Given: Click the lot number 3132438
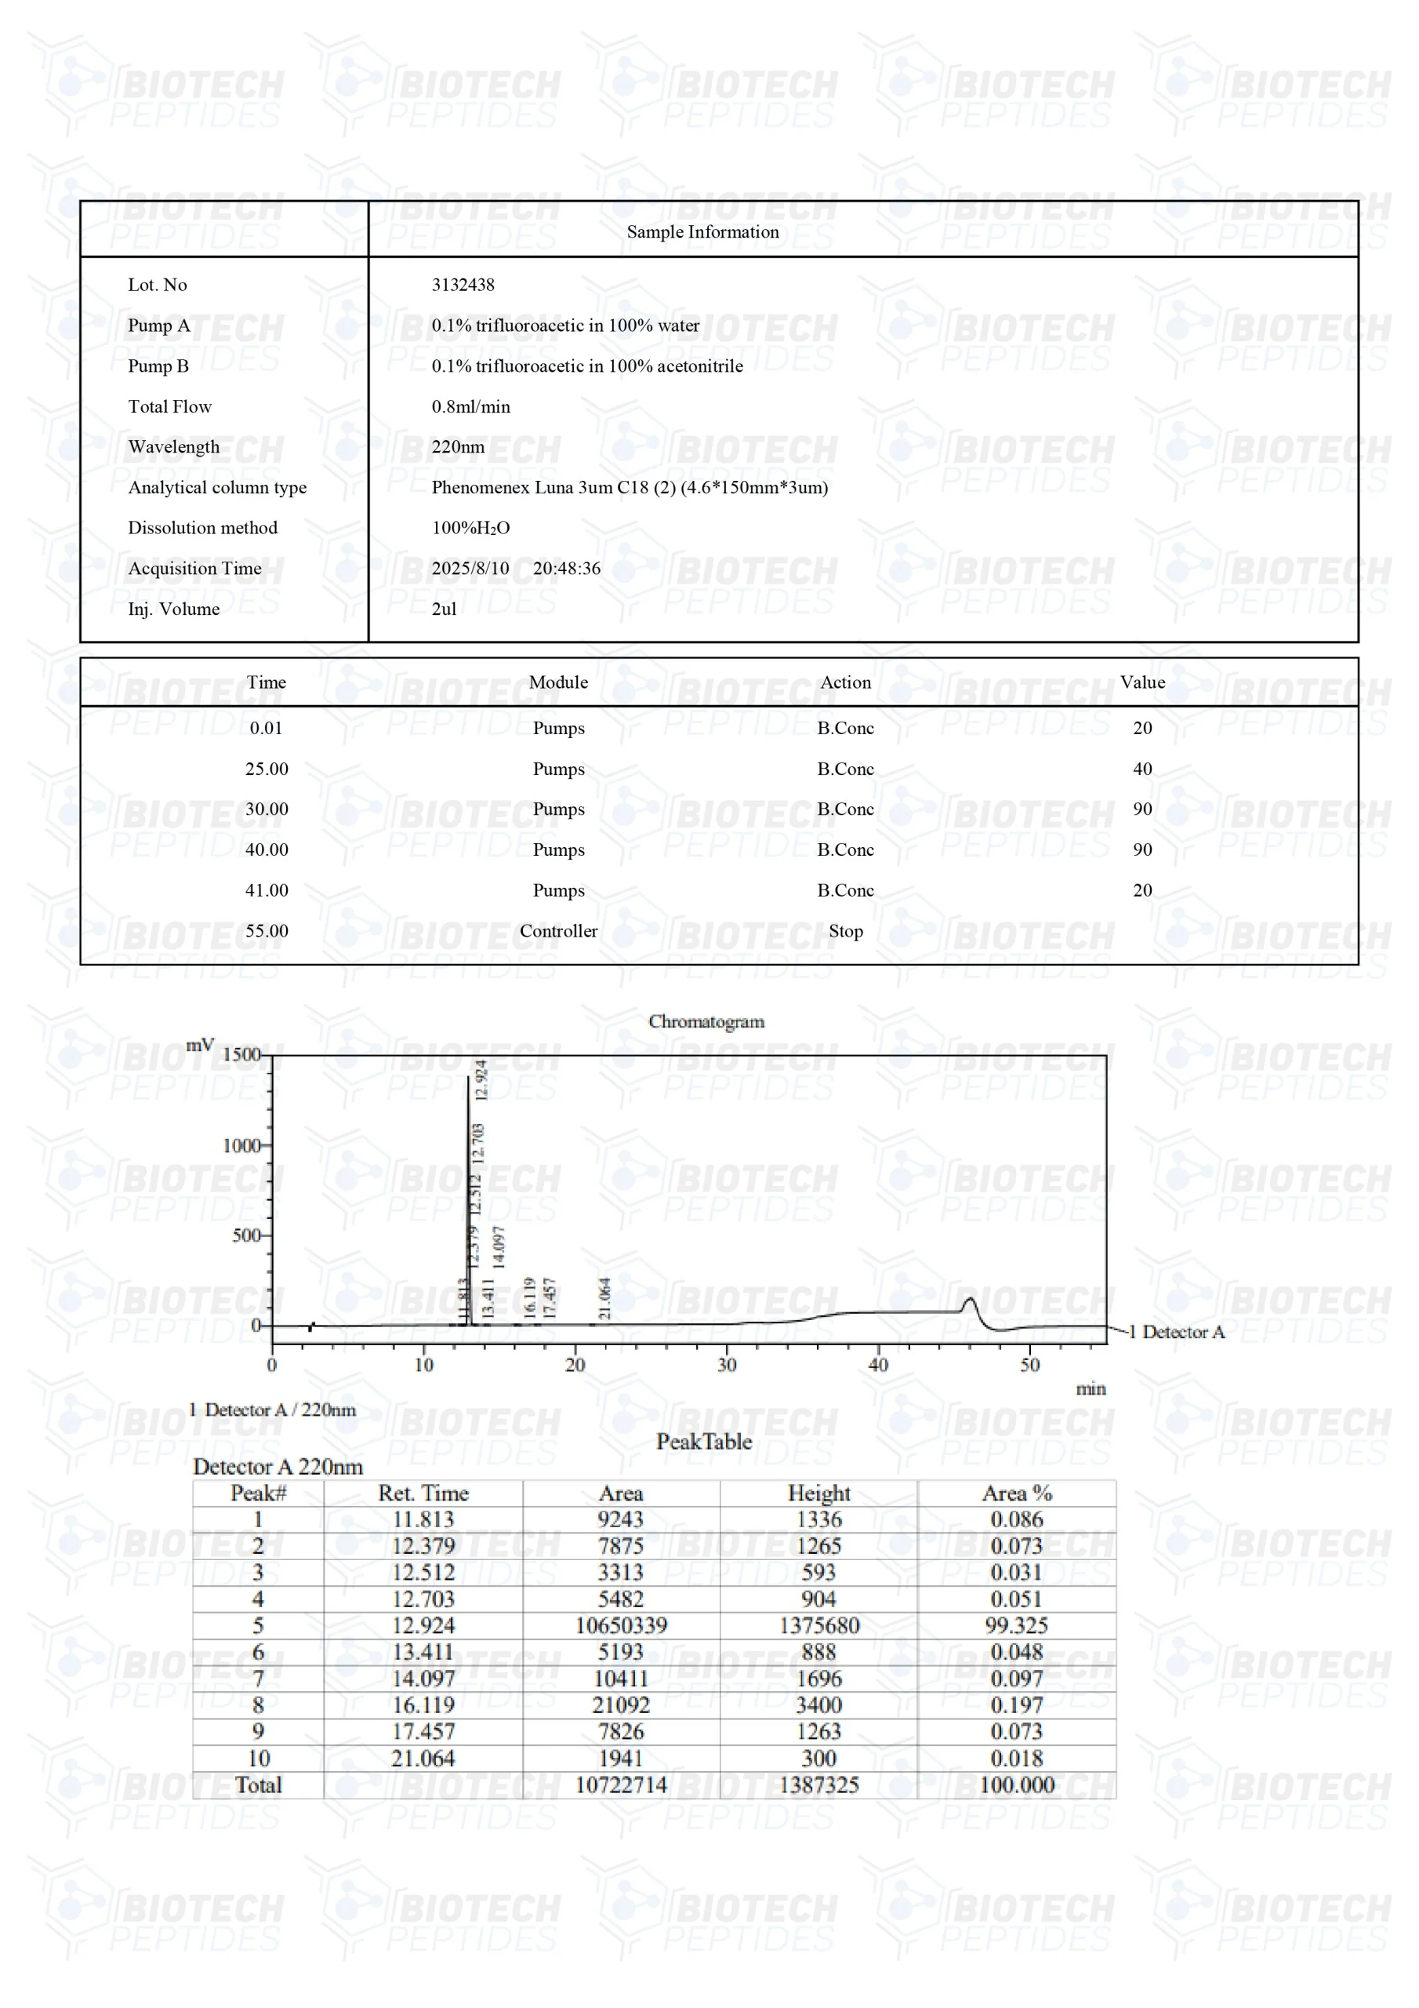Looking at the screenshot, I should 463,284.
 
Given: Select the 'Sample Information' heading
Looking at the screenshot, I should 702,231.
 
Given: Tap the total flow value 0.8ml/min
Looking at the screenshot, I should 470,406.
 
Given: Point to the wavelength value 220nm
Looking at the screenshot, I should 457,447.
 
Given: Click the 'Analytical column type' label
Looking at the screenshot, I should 217,487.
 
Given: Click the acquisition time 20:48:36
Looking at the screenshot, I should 567,569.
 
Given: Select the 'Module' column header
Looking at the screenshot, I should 558,682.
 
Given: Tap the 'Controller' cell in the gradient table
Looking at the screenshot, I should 558,930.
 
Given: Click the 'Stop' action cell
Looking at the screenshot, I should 844,930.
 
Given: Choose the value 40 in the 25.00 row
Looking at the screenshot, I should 1141,769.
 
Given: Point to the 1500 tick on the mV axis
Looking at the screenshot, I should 241,1054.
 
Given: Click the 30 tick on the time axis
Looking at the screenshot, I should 727,1364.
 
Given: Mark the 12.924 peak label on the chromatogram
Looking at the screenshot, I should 480,1079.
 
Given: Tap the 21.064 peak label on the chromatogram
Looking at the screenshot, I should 604,1298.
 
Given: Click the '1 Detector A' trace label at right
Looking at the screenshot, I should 1176,1331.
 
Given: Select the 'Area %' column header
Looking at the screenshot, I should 1016,1493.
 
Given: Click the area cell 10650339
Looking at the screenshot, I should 621,1625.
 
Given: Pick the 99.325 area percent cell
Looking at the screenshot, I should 1016,1625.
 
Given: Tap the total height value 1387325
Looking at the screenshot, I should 818,1784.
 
